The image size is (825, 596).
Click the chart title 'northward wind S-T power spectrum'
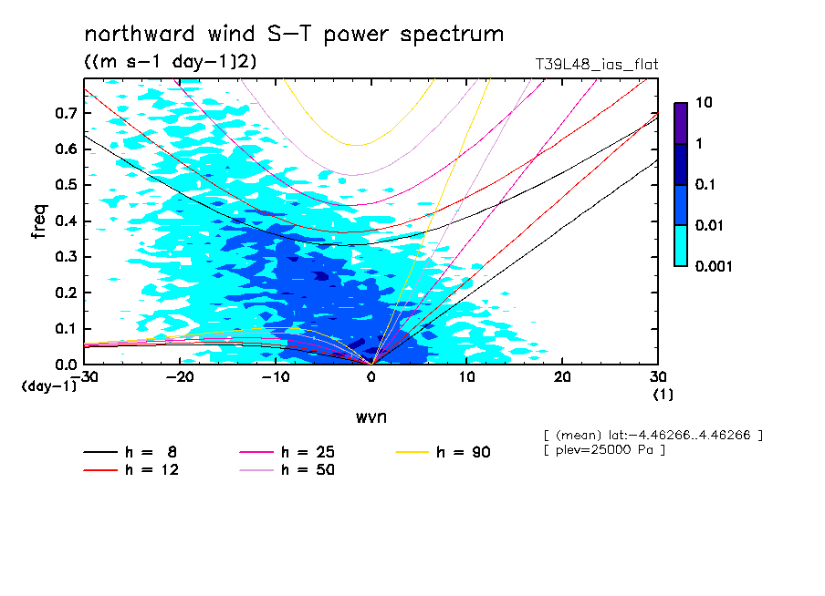pyautogui.click(x=293, y=35)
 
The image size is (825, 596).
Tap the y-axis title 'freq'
pyautogui.click(x=39, y=221)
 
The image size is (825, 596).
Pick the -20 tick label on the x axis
pyautogui.click(x=179, y=377)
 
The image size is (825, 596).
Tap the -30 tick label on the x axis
pyautogui.click(x=84, y=377)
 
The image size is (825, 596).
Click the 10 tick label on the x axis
pyautogui.click(x=466, y=377)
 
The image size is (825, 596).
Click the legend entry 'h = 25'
pyautogui.click(x=287, y=452)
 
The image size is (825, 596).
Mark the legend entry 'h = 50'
pyautogui.click(x=287, y=470)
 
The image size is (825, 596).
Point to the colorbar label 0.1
pyautogui.click(x=708, y=185)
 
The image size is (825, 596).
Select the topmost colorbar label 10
pyautogui.click(x=704, y=104)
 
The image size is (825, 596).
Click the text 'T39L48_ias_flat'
pyautogui.click(x=597, y=65)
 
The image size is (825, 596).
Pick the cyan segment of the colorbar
pyautogui.click(x=680, y=245)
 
